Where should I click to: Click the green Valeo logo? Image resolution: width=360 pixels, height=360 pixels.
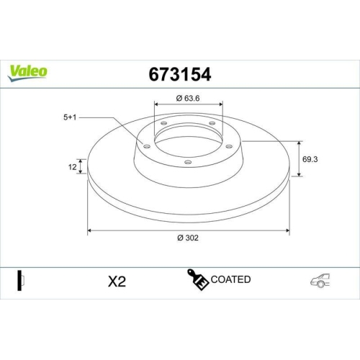coord(28,71)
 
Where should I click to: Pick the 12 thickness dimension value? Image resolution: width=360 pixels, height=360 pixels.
coord(72,167)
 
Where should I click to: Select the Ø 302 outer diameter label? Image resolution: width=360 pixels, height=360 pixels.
coord(188,240)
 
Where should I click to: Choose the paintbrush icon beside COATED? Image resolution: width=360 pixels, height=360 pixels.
coord(199,281)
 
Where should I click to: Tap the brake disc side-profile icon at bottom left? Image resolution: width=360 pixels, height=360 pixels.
coord(22,282)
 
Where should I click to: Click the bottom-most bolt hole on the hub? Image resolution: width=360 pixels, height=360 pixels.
coord(188,161)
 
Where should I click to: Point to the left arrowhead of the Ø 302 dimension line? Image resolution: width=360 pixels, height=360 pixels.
coord(90,231)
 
